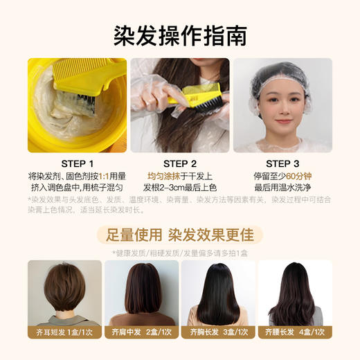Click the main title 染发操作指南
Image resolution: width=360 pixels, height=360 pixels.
tap(179, 33)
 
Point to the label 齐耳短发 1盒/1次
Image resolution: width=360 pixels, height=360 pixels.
tap(64, 332)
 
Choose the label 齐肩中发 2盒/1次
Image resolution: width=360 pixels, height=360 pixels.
tap(141, 332)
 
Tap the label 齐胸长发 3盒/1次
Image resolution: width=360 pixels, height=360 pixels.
tap(218, 332)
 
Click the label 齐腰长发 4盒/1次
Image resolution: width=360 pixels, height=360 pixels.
tap(296, 332)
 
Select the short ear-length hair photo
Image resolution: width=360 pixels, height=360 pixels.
tap(64, 291)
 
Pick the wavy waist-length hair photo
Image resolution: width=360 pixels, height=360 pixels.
tap(296, 291)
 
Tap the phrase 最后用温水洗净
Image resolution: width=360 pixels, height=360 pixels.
tap(282, 188)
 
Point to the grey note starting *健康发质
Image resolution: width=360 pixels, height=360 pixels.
tap(179, 253)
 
